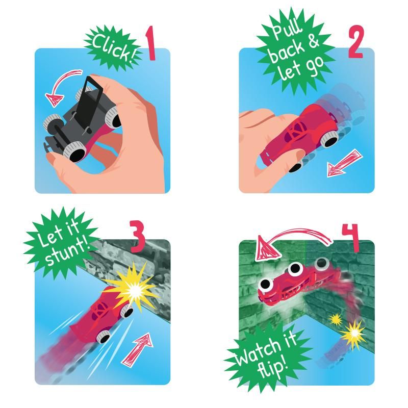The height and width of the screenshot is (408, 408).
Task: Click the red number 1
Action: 150,44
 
